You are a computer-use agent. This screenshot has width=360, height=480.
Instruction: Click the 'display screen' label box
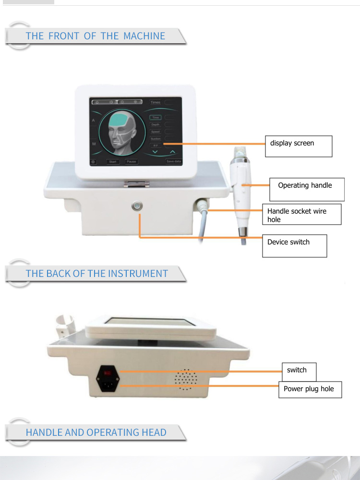(x=298, y=146)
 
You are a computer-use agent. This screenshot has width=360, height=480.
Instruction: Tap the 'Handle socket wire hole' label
(x=301, y=215)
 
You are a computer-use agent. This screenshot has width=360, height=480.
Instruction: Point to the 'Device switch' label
(x=294, y=245)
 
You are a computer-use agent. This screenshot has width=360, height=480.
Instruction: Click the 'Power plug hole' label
(x=310, y=389)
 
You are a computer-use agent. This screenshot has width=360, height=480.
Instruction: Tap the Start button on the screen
(x=113, y=162)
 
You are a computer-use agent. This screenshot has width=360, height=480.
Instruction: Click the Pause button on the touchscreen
(x=131, y=162)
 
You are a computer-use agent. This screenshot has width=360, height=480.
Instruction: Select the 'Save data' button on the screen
(x=173, y=162)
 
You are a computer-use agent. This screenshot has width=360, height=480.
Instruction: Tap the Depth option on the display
(x=156, y=125)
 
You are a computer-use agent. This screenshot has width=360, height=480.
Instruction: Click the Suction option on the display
(x=156, y=139)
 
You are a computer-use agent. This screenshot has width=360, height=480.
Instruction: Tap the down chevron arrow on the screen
(x=155, y=152)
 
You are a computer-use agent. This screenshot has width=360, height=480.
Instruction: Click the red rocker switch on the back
(x=108, y=372)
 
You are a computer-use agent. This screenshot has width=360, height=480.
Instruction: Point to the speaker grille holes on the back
(x=186, y=380)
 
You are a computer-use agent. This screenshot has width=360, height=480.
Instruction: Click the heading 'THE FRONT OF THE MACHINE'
(x=95, y=36)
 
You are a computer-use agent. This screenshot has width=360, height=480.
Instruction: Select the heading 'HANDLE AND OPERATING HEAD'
(x=96, y=432)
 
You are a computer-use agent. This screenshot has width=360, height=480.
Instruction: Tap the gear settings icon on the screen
(x=93, y=162)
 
